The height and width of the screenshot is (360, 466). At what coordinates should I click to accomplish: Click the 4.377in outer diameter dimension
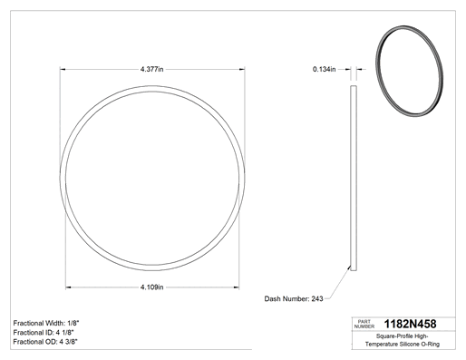pyautogui.click(x=151, y=69)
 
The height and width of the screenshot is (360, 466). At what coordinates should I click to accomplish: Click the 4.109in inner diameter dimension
pyautogui.click(x=151, y=287)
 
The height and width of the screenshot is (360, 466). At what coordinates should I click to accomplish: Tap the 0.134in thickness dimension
pyautogui.click(x=324, y=69)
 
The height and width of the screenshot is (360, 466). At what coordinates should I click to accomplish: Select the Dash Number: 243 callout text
pyautogui.click(x=294, y=298)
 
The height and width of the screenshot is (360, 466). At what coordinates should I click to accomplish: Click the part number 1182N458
pyautogui.click(x=410, y=324)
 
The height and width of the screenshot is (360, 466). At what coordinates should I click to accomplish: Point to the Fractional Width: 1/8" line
pyautogui.click(x=46, y=323)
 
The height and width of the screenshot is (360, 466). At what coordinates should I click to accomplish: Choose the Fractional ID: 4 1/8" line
pyautogui.click(x=44, y=333)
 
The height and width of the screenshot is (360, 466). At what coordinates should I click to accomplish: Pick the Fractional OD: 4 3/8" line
pyautogui.click(x=45, y=342)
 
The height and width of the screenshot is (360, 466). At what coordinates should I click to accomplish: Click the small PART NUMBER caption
pyautogui.click(x=364, y=324)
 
